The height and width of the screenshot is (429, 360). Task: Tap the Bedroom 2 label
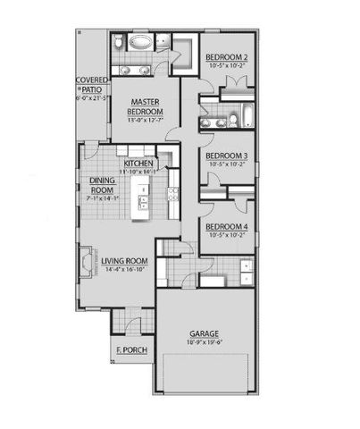pos(228,57)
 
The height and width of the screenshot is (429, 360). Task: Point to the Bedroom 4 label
pos(227,226)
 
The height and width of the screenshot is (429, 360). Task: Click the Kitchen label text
pos(140,164)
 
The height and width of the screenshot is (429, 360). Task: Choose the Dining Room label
pos(102,184)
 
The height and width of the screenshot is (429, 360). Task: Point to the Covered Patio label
pos(92,85)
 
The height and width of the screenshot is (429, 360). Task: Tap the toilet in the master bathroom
pos(119,42)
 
